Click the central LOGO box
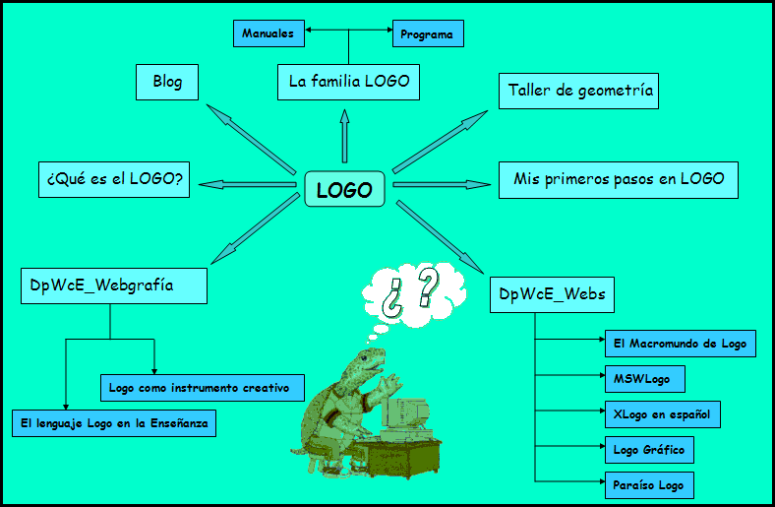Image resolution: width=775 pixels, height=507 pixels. [344, 189]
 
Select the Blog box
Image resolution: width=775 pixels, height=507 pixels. [167, 82]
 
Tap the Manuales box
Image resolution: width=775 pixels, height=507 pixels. [268, 33]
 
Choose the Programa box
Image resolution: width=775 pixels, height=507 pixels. [427, 34]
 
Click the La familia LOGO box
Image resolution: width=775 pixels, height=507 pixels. [348, 81]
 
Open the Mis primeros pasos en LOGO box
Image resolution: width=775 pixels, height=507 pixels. [618, 179]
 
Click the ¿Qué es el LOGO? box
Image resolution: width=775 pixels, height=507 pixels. [116, 180]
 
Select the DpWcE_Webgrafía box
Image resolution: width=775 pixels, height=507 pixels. [114, 285]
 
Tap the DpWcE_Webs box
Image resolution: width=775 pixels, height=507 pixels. [552, 294]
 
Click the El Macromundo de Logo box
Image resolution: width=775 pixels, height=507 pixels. [680, 344]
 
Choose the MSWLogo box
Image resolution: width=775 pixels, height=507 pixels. [642, 379]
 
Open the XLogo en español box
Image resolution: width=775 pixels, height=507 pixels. [661, 414]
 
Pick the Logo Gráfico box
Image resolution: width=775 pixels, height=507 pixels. [648, 450]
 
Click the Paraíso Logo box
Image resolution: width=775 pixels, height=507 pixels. [648, 485]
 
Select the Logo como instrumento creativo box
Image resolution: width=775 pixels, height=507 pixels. [202, 388]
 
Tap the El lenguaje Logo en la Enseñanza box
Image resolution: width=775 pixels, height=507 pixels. [113, 423]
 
